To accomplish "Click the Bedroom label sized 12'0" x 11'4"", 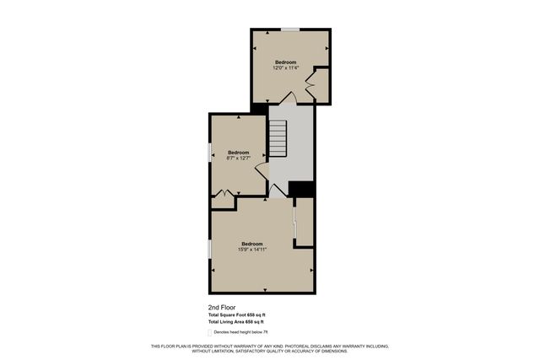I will click(x=286, y=62).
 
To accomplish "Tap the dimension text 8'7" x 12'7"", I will click(x=238, y=158).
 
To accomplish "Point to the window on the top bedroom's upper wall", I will click(x=290, y=30).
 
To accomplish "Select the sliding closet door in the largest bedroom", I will click(x=294, y=222).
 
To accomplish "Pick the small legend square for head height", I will click(x=209, y=331).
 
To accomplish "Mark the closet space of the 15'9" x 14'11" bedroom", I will click(x=305, y=222).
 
